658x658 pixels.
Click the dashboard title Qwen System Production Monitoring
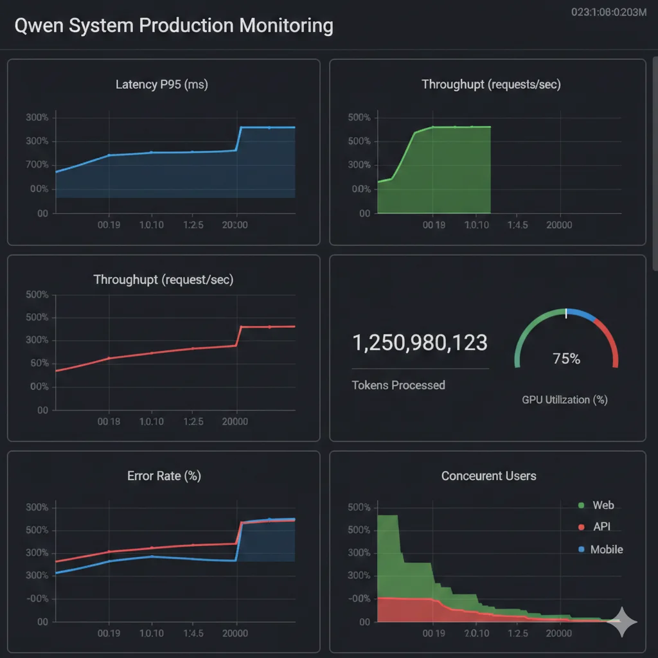pyautogui.click(x=173, y=26)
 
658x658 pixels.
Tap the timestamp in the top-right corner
pyautogui.click(x=609, y=12)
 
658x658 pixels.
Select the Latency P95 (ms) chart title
pyautogui.click(x=162, y=84)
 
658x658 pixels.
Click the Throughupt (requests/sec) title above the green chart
pyautogui.click(x=491, y=84)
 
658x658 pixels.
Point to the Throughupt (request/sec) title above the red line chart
pyautogui.click(x=163, y=280)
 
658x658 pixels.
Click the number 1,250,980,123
pyautogui.click(x=420, y=343)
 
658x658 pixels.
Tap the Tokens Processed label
pyautogui.click(x=398, y=385)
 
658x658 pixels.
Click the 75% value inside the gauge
pyautogui.click(x=566, y=359)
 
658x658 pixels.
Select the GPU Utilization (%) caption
pyautogui.click(x=565, y=400)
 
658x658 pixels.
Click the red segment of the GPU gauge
pyautogui.click(x=609, y=341)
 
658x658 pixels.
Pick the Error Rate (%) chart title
pyautogui.click(x=164, y=476)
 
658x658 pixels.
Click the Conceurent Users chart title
pyautogui.click(x=488, y=476)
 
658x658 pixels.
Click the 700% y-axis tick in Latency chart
pyautogui.click(x=37, y=165)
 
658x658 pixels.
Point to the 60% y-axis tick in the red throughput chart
pyautogui.click(x=39, y=363)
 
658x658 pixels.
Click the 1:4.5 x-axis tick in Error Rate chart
pyautogui.click(x=193, y=633)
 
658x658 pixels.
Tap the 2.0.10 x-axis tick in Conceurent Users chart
pyautogui.click(x=476, y=633)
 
